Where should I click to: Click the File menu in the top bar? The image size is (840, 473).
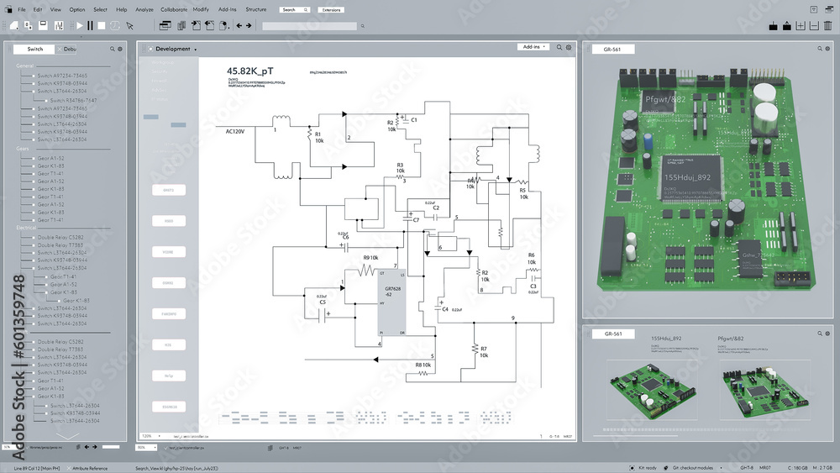[x=21, y=9]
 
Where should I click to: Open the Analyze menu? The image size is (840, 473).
[x=144, y=9]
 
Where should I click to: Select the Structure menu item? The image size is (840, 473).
[x=256, y=9]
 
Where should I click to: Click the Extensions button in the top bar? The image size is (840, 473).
[x=331, y=9]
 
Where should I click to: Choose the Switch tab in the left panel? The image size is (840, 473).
[x=34, y=49]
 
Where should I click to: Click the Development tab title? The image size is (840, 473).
[x=172, y=49]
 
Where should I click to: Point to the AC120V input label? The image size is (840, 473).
[x=234, y=131]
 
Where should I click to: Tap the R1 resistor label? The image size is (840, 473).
[x=318, y=134]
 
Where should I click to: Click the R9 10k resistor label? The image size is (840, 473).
[x=370, y=257]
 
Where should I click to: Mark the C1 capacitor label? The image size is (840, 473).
[x=414, y=120]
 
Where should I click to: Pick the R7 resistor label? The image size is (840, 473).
[x=484, y=348]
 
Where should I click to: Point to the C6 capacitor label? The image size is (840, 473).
[x=345, y=237]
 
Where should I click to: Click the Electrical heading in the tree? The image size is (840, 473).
[x=27, y=228]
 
